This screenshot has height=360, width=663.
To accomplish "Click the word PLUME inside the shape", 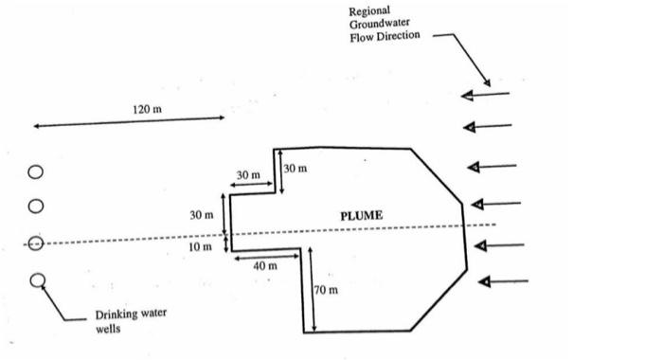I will coord(361,216).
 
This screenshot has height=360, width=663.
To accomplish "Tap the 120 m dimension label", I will coord(147,110).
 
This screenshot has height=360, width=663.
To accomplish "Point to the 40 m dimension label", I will coord(265,266).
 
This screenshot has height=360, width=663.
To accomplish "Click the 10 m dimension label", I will coord(201,246).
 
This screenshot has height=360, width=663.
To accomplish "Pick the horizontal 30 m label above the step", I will coord(248,175).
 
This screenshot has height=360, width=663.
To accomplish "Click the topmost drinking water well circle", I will coord(35,172).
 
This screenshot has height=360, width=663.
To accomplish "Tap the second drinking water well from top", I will coord(35,206).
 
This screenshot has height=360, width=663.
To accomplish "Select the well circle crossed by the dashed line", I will coord(35,243).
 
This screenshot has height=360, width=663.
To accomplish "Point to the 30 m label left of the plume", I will coord(201,216).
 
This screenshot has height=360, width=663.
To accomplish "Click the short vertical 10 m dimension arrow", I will coord(225,243).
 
